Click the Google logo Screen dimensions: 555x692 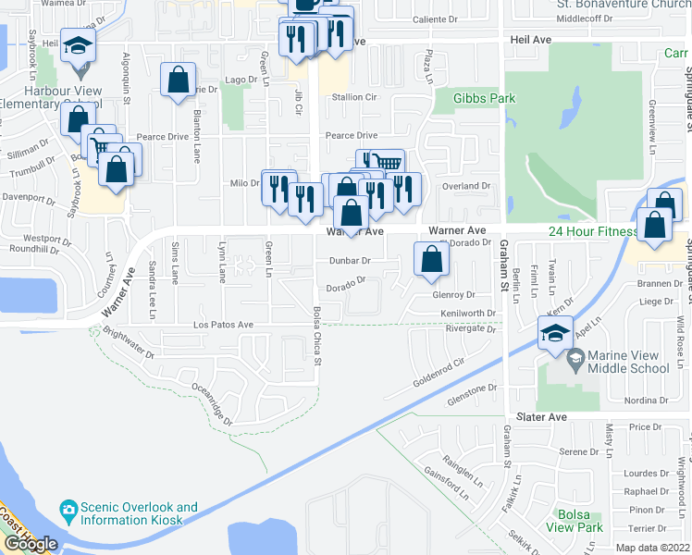[x=31, y=544]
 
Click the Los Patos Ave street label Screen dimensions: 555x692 [x=223, y=326]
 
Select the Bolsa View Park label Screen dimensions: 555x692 [x=575, y=520]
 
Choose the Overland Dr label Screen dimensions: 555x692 [x=465, y=186]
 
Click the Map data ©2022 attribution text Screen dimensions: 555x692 [x=651, y=548]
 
